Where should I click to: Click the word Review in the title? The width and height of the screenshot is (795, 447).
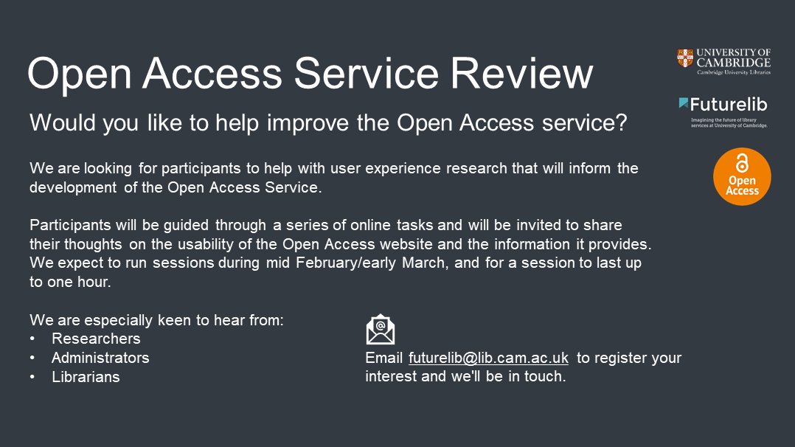point(521,74)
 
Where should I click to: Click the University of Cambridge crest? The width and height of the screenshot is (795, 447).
point(685,58)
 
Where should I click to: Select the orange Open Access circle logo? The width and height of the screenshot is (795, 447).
point(741,177)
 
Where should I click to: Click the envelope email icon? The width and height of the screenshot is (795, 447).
point(381,330)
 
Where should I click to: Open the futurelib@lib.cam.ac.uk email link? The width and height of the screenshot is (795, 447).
point(488,358)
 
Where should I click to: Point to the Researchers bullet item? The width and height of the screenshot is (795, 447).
point(96,339)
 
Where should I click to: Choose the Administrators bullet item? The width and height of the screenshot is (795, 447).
point(100,358)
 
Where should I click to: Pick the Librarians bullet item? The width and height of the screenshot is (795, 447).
point(86,377)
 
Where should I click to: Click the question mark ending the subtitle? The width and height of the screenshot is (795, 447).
point(621,123)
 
